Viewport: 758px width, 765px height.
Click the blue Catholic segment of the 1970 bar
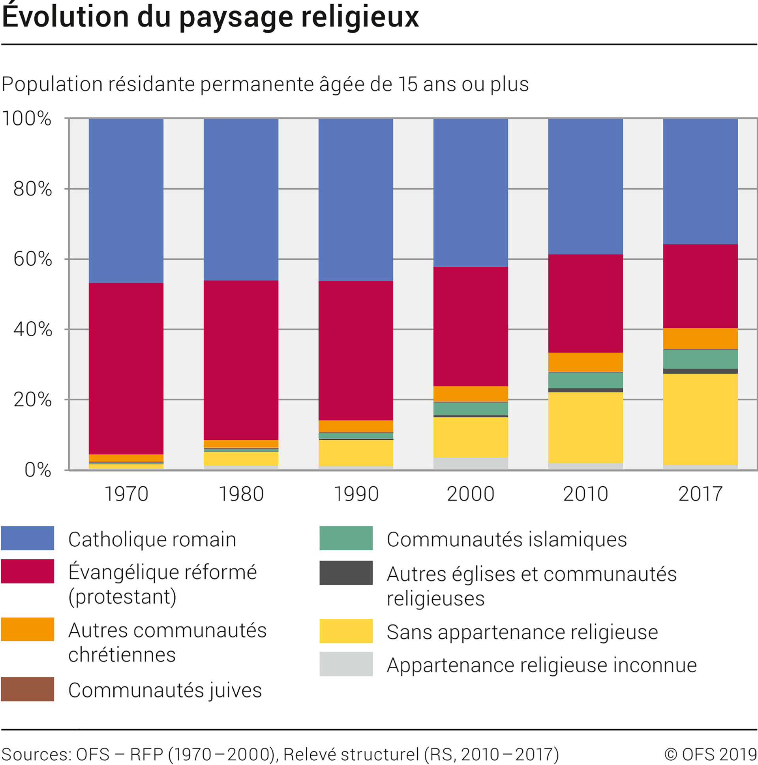click(x=126, y=201)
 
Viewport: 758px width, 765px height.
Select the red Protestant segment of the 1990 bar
click(x=356, y=351)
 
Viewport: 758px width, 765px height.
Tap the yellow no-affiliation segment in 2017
click(x=700, y=419)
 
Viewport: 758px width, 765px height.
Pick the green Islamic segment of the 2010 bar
click(x=585, y=380)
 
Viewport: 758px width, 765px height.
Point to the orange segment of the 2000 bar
click(x=470, y=394)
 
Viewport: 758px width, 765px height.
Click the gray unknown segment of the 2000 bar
click(x=470, y=463)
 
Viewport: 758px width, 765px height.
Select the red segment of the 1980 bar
click(x=241, y=360)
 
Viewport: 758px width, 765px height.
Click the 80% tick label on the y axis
click(x=32, y=189)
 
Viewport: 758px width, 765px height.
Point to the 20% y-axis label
click(x=32, y=399)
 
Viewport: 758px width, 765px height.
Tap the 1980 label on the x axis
click(x=241, y=494)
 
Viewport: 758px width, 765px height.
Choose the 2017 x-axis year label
click(x=700, y=494)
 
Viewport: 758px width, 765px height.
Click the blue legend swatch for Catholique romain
click(x=27, y=538)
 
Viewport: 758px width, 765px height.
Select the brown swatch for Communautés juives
click(x=27, y=689)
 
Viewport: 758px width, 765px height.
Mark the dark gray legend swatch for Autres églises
click(x=346, y=572)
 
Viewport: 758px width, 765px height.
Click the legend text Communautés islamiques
click(x=507, y=539)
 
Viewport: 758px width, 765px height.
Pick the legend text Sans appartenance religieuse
click(x=522, y=632)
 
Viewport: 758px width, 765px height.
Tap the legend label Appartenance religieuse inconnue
click(x=541, y=665)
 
